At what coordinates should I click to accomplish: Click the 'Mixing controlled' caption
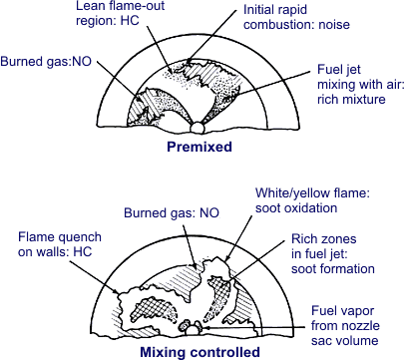pyautogui.click(x=201, y=351)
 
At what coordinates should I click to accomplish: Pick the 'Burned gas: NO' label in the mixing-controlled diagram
pyautogui.click(x=174, y=212)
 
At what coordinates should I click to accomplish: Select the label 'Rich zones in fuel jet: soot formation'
pyautogui.click(x=333, y=254)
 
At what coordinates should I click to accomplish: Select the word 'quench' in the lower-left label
pyautogui.click(x=73, y=237)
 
